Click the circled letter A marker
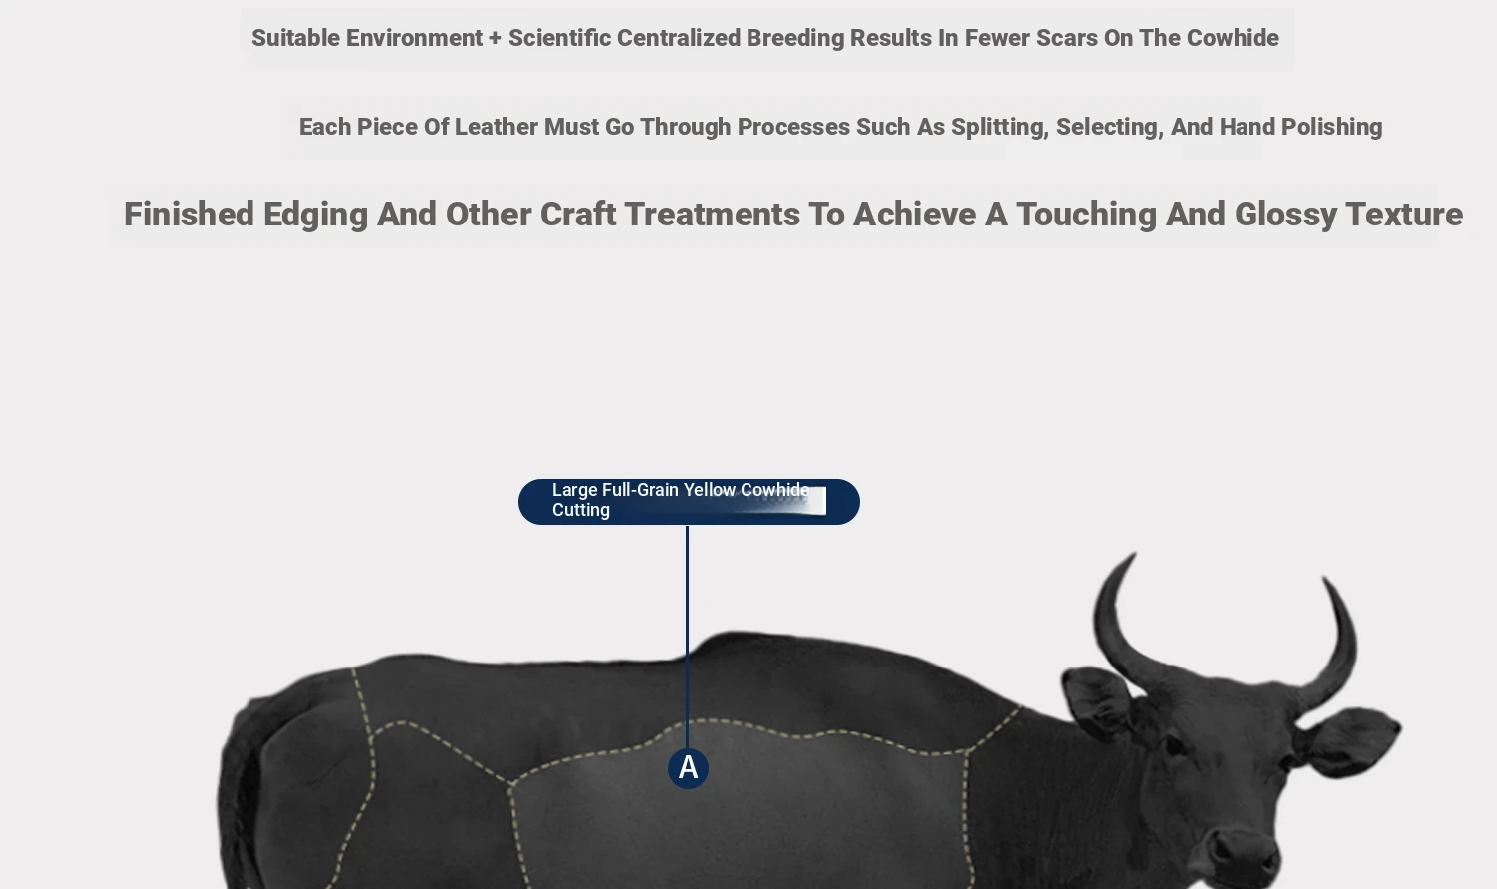pyautogui.click(x=688, y=768)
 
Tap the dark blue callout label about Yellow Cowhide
pyautogui.click(x=689, y=502)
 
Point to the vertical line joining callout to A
pyautogui.click(x=687, y=637)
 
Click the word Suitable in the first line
pyautogui.click(x=296, y=38)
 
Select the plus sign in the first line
pyautogui.click(x=495, y=39)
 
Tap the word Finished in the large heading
pyautogui.click(x=190, y=215)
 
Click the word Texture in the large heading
pyautogui.click(x=1405, y=215)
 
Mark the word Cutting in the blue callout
pyautogui.click(x=581, y=510)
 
